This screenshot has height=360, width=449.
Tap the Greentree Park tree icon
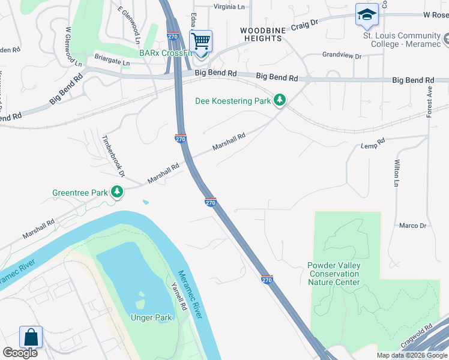pos(117,192)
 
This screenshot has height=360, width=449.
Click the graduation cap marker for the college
pos(367,16)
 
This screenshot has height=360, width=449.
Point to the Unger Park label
pos(151,317)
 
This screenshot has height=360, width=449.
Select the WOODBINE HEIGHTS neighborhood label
pos(261,34)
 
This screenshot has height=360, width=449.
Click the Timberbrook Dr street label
pos(113,155)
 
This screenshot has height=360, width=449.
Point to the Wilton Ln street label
pos(396,174)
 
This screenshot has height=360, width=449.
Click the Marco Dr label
pos(412,226)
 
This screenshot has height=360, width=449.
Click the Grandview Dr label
pos(342,55)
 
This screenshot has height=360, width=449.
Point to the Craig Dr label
pos(304,25)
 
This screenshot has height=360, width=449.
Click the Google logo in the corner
pos(20,353)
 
